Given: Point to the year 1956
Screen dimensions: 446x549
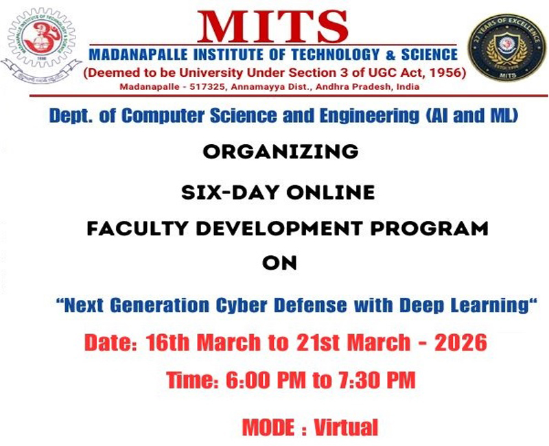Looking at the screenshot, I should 447,72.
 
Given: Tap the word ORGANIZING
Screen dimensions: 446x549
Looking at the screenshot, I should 280,150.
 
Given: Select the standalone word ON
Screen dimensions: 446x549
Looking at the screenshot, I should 280,263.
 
